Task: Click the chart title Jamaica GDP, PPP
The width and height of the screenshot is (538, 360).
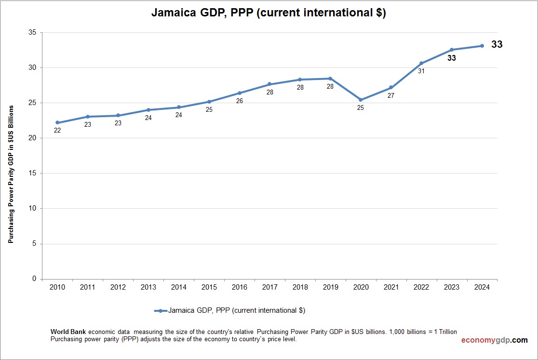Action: [269, 13]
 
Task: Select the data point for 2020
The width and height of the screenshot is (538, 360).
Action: [361, 100]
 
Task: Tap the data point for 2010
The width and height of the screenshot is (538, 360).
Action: [57, 122]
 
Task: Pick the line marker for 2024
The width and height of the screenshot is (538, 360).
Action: [482, 46]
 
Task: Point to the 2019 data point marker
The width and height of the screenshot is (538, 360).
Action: [330, 79]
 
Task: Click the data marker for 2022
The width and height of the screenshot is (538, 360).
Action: [421, 63]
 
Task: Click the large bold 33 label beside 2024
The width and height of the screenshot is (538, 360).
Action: [497, 44]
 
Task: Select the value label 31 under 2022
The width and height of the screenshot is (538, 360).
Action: [421, 71]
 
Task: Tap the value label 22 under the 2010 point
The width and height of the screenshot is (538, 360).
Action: [57, 130]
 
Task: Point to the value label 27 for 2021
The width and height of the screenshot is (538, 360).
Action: [391, 95]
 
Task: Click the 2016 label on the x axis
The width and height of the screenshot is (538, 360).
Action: [240, 287]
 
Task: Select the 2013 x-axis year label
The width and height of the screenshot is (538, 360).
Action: [148, 287]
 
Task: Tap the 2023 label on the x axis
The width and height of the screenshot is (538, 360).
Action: [452, 287]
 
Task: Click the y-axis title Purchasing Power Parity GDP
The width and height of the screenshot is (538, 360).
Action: [10, 174]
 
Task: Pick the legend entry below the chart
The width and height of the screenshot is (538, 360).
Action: [230, 311]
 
